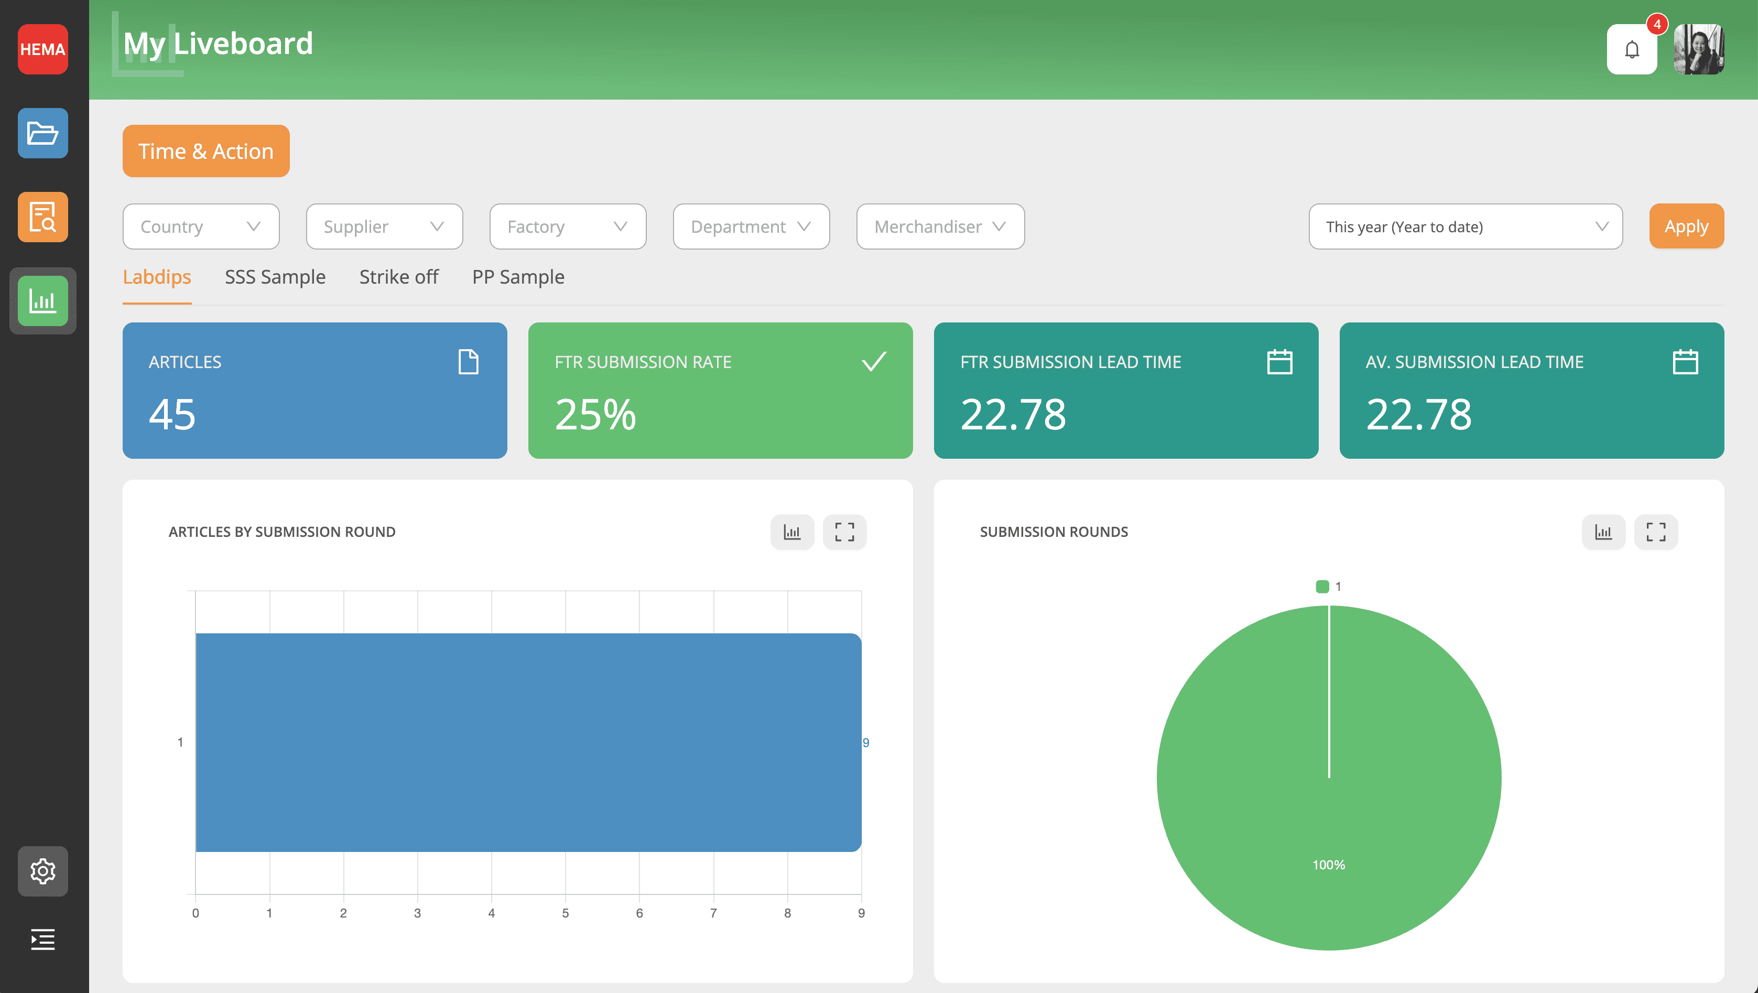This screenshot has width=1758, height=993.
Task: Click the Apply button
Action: [1686, 226]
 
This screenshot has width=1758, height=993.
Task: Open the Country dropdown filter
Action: [201, 226]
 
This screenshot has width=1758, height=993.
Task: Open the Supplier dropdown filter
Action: [384, 226]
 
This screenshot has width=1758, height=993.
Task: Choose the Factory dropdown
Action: [567, 226]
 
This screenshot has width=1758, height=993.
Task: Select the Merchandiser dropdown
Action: [940, 226]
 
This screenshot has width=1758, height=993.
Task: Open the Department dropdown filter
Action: [751, 226]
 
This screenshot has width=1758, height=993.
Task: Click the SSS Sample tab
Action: [275, 277]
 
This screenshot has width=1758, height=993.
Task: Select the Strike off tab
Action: [398, 277]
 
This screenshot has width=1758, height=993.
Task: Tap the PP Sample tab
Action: [518, 277]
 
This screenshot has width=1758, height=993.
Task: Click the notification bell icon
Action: [1632, 49]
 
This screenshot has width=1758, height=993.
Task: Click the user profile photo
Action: [1699, 49]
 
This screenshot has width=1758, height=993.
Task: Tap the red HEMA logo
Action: [42, 49]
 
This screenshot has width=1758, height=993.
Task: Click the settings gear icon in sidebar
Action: [42, 871]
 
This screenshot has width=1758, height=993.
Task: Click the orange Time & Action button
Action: [205, 151]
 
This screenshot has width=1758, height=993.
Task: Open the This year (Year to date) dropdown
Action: [1464, 226]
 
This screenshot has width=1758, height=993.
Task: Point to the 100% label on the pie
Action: [1328, 865]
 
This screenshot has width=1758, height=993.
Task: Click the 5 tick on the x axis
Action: [565, 913]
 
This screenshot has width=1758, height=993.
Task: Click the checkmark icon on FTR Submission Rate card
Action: [874, 361]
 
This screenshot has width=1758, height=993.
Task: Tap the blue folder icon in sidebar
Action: [42, 133]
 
